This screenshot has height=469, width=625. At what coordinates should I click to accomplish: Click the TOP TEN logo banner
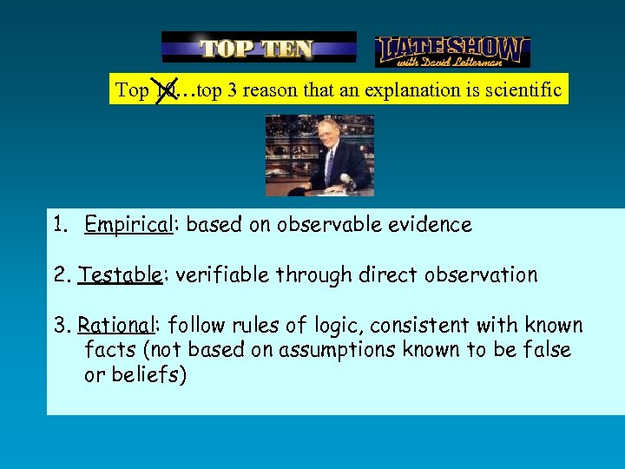(x=259, y=48)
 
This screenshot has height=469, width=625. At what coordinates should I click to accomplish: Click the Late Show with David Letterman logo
(x=452, y=51)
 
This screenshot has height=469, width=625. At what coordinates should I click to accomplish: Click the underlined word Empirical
(x=128, y=225)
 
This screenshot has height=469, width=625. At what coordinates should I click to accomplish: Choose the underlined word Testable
(x=120, y=275)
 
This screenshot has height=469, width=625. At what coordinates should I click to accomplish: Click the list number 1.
(x=58, y=225)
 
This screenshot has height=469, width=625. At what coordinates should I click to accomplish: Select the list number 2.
(x=61, y=275)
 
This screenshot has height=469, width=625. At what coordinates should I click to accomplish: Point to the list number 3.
(x=61, y=326)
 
